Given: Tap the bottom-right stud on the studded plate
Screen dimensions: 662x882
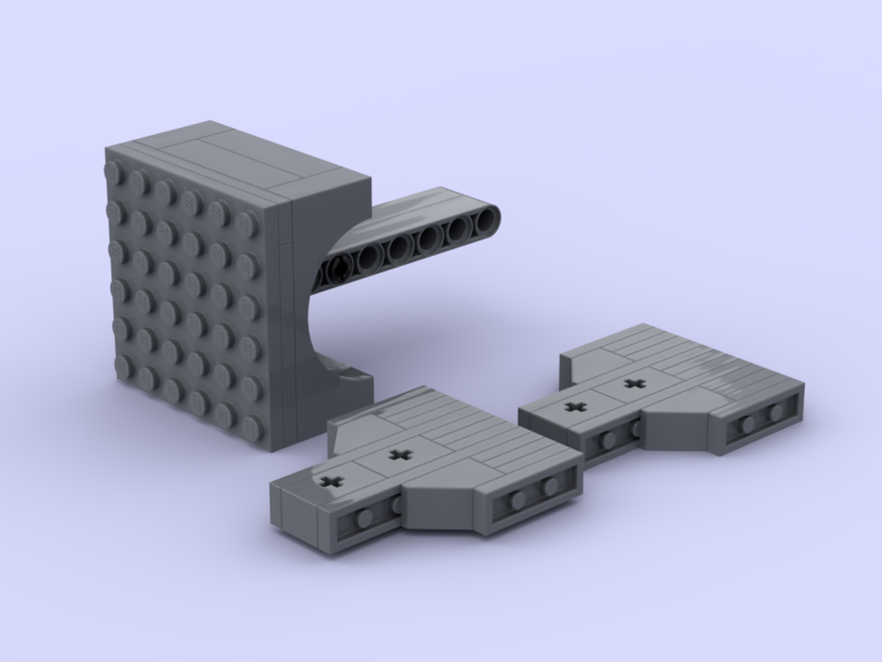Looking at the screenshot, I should tap(252, 427).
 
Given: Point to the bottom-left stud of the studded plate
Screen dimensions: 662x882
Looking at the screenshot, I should tap(123, 365).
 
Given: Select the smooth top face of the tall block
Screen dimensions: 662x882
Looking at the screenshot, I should tap(247, 159).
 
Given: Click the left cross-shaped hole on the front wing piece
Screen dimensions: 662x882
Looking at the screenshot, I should tap(332, 481).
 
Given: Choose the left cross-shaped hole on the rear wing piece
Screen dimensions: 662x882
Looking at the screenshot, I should tap(575, 408).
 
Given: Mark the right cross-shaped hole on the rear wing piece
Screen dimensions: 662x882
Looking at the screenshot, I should tap(632, 383).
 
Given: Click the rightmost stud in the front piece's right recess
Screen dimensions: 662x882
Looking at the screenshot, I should tap(550, 486).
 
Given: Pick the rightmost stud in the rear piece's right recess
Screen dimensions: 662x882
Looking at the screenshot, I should tap(775, 412).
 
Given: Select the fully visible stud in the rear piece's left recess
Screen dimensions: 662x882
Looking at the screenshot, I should tap(608, 440).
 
